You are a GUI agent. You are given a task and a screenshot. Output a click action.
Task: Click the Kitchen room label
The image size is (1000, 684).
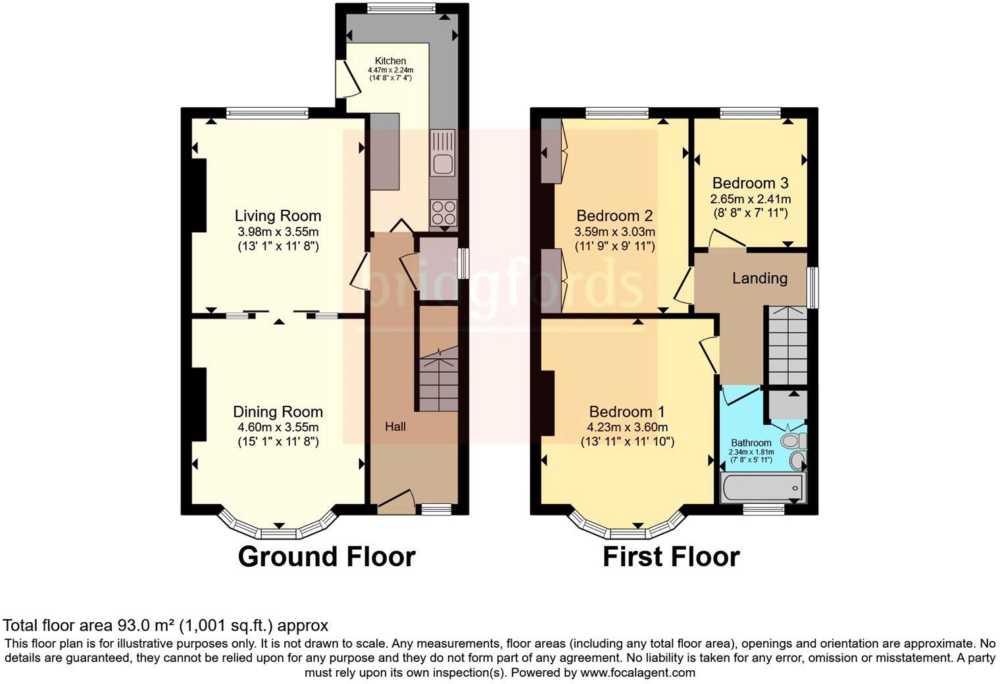pos(391,61)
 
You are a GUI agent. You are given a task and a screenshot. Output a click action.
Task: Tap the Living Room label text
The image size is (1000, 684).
pos(278,216)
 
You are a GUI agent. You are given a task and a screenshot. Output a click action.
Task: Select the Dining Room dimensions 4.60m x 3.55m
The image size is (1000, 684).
pos(278,427)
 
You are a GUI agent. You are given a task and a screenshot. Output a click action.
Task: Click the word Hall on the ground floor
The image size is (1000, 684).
pos(395,427)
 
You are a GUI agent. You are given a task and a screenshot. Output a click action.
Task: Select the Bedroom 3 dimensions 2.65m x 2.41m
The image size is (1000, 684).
pos(750,199)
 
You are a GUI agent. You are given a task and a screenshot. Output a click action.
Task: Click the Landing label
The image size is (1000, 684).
pos(760,278)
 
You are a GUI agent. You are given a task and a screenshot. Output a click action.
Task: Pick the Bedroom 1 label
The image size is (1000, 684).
pos(627,412)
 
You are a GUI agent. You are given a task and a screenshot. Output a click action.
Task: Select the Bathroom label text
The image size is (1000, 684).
pos(751,443)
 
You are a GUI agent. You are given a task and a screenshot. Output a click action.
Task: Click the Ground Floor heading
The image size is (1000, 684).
pos(326,557)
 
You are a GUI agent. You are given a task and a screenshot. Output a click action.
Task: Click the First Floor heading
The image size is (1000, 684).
pos(671,557)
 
